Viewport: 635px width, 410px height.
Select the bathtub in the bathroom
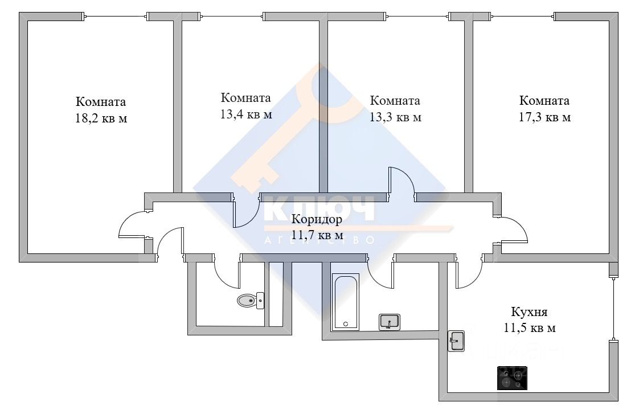(346, 302)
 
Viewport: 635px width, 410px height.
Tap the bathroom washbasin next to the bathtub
(390, 322)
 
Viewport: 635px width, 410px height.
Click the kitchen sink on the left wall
(456, 341)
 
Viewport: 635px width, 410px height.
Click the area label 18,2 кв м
(101, 119)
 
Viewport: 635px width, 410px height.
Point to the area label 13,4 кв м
(245, 114)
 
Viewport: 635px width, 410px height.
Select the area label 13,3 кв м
(395, 117)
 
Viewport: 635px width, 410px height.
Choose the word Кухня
(529, 312)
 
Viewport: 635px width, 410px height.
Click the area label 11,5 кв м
(530, 328)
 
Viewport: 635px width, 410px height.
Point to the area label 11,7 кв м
(317, 235)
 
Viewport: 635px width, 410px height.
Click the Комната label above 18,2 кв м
(101, 102)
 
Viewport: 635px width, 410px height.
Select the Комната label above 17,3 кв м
(544, 101)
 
